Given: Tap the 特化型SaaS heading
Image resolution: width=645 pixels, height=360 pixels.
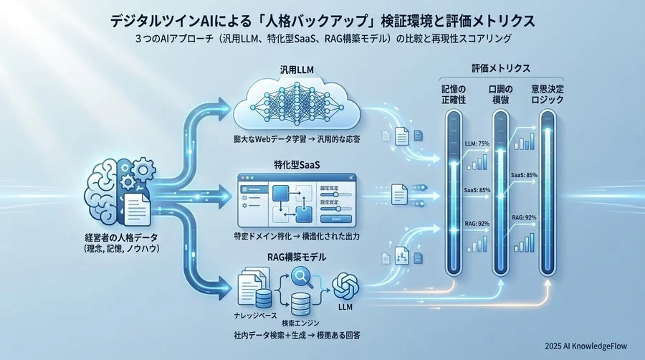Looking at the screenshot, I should click(x=297, y=164).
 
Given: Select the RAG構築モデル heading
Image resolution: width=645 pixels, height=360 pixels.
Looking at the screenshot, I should click(x=297, y=257).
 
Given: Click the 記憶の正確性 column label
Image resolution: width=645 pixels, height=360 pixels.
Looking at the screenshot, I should click(x=454, y=94).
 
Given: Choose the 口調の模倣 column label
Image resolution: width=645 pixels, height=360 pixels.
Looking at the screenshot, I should click(x=501, y=94).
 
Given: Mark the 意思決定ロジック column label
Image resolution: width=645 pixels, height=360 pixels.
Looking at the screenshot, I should click(x=547, y=94).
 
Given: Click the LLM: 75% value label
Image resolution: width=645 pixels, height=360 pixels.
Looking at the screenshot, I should click(x=477, y=143).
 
